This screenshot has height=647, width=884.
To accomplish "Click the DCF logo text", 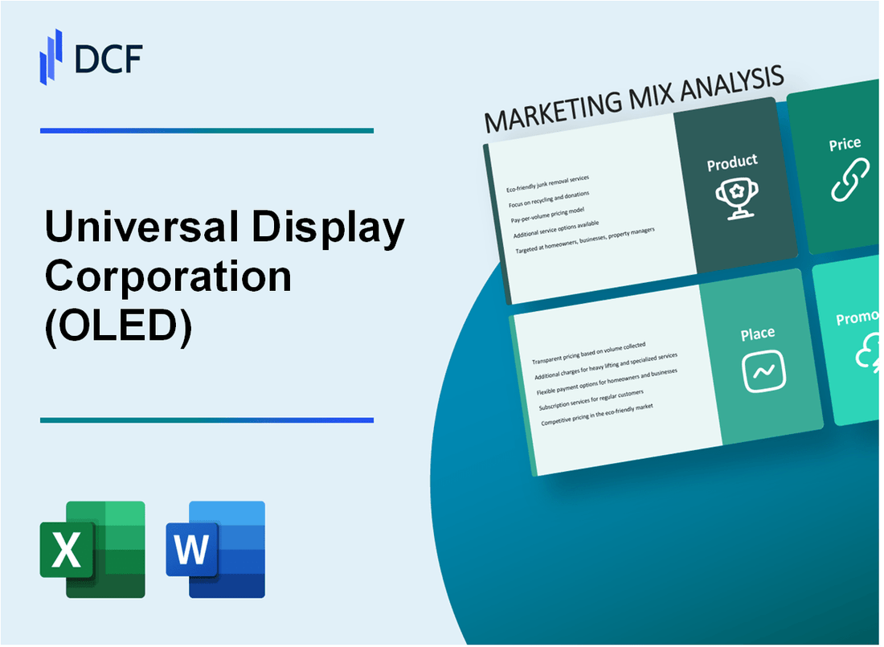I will click(x=108, y=58).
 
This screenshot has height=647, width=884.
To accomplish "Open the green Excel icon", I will click(x=92, y=549).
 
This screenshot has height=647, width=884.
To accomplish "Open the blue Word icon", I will click(x=215, y=549).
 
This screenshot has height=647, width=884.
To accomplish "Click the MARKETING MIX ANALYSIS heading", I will click(x=634, y=100).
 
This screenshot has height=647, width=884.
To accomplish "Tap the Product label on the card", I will click(x=731, y=162).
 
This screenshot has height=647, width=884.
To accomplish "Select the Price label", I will click(x=845, y=145).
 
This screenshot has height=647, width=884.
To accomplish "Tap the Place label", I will click(x=758, y=333).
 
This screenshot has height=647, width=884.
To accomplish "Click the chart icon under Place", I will click(x=763, y=371).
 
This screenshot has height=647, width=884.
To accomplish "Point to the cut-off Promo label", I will click(x=857, y=319).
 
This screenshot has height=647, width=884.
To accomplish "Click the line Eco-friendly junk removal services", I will click(x=547, y=182).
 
